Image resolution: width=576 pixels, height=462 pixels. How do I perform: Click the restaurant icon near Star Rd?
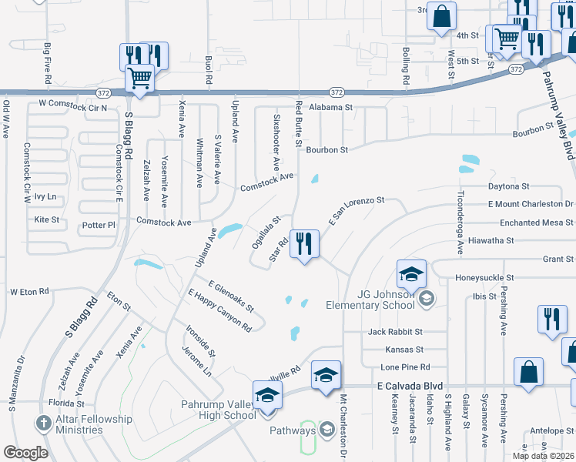point(304,245)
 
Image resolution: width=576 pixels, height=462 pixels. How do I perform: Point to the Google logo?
point(25,452)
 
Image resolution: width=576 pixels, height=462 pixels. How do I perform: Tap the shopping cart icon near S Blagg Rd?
point(139,78)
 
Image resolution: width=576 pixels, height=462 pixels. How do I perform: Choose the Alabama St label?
point(330,108)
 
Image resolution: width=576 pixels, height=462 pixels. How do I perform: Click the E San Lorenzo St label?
point(355,209)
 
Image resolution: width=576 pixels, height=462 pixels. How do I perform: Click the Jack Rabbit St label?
point(396,332)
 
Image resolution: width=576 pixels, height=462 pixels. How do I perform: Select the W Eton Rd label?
point(30,292)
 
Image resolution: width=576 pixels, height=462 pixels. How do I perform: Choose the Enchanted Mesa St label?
point(531,223)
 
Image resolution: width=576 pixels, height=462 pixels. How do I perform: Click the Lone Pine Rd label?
point(405,367)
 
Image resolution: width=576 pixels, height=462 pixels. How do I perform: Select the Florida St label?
point(65,403)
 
